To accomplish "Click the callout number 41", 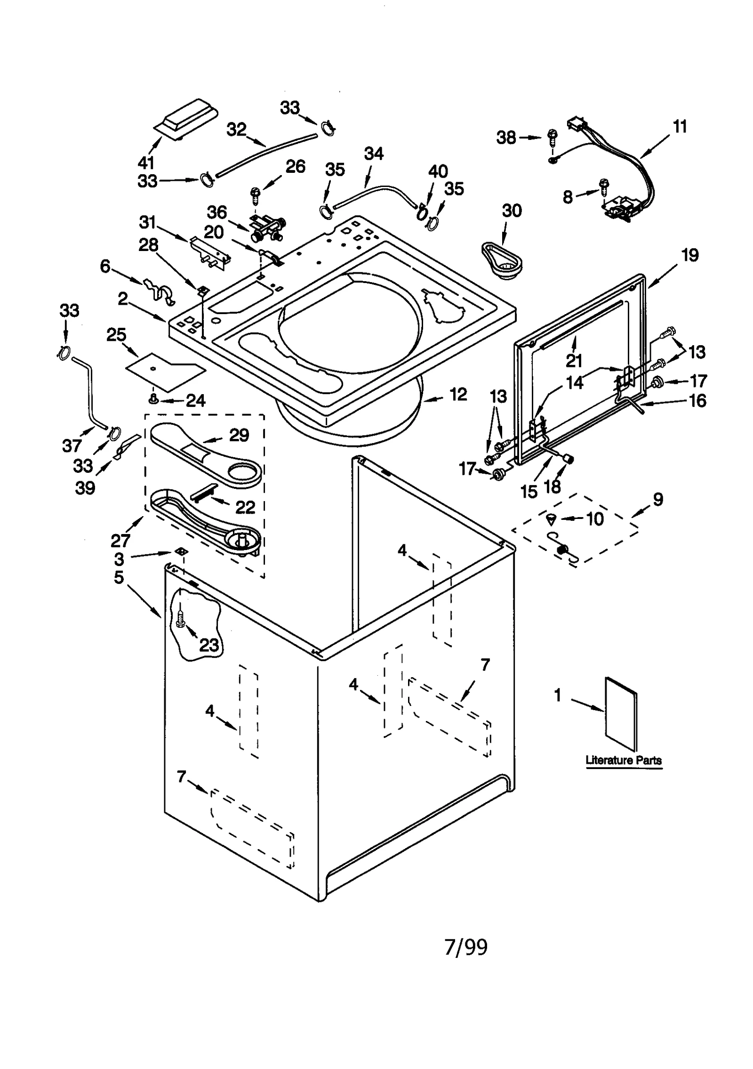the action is pyautogui.click(x=146, y=162).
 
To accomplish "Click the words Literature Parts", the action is pyautogui.click(x=624, y=760).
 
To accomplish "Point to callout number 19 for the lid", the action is pyautogui.click(x=690, y=255).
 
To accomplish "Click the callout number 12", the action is pyautogui.click(x=458, y=394).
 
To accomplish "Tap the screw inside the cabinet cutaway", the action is pyautogui.click(x=180, y=618).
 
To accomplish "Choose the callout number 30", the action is pyautogui.click(x=512, y=211).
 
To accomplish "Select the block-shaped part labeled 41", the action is pyautogui.click(x=187, y=120).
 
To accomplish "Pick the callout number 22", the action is pyautogui.click(x=245, y=507).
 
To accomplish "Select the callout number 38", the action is pyautogui.click(x=506, y=138).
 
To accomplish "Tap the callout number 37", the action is pyautogui.click(x=72, y=445).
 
